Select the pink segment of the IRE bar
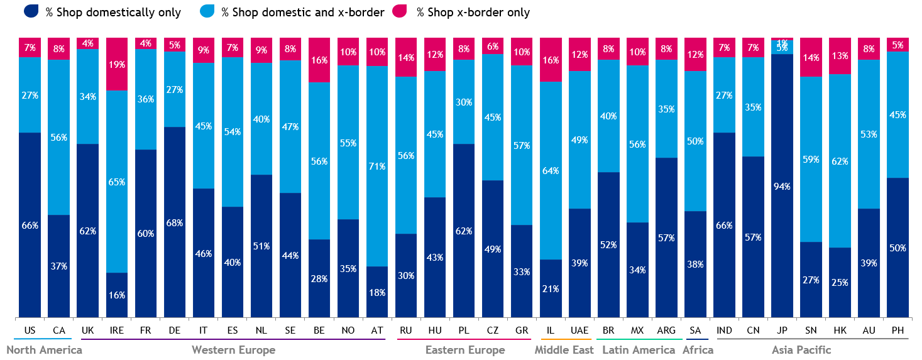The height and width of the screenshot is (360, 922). point(116,63)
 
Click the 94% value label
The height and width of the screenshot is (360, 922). point(782,186)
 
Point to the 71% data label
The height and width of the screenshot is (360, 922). point(376,166)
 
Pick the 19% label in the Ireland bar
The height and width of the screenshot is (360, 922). point(116,64)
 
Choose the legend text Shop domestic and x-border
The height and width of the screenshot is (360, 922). point(302,13)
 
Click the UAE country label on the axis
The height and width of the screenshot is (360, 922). point(579,329)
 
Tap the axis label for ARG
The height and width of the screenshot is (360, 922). point(666,329)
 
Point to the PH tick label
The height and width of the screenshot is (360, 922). point(897,329)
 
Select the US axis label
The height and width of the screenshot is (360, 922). point(30,329)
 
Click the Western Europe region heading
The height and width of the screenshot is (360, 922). point(233,350)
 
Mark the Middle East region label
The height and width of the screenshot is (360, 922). point(564,350)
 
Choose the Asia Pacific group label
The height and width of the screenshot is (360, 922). point(801,350)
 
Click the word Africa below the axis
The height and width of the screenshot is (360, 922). point(698,350)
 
